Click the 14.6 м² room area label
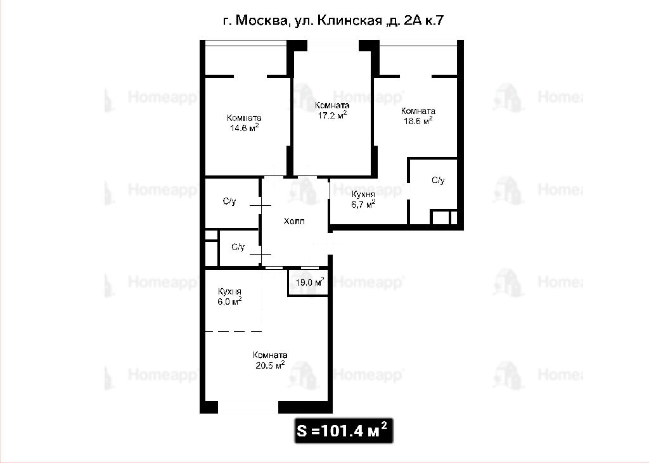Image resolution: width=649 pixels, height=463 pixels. click(x=244, y=128)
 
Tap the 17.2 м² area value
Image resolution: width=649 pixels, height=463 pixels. click(x=332, y=115)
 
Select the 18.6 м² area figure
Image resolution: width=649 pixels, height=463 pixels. click(x=418, y=121)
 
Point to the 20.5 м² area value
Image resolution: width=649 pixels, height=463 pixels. click(x=270, y=365)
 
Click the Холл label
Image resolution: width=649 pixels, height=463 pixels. click(x=294, y=221)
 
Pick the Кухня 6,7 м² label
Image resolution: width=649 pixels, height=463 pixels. click(x=363, y=199)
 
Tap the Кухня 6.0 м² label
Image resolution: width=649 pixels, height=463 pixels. click(x=229, y=296)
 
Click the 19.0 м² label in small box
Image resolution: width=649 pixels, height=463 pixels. click(x=309, y=282)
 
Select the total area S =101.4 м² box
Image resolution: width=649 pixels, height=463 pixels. click(x=344, y=431)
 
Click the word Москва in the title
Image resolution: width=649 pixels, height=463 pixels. click(x=261, y=20)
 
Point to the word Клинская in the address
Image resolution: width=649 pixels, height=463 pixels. click(x=350, y=20)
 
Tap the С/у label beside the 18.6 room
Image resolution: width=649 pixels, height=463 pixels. click(x=438, y=181)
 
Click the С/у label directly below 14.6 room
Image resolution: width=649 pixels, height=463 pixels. click(x=229, y=201)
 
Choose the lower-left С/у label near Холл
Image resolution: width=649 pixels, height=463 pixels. click(x=238, y=247)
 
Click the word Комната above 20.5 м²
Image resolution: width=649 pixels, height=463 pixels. click(x=270, y=355)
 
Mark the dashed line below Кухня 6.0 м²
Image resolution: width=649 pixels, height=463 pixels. click(x=233, y=331)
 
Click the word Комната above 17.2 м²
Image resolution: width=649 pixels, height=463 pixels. click(x=332, y=105)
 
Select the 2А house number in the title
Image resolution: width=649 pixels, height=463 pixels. click(x=411, y=20)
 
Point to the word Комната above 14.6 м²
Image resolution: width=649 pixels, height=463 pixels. click(x=244, y=118)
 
